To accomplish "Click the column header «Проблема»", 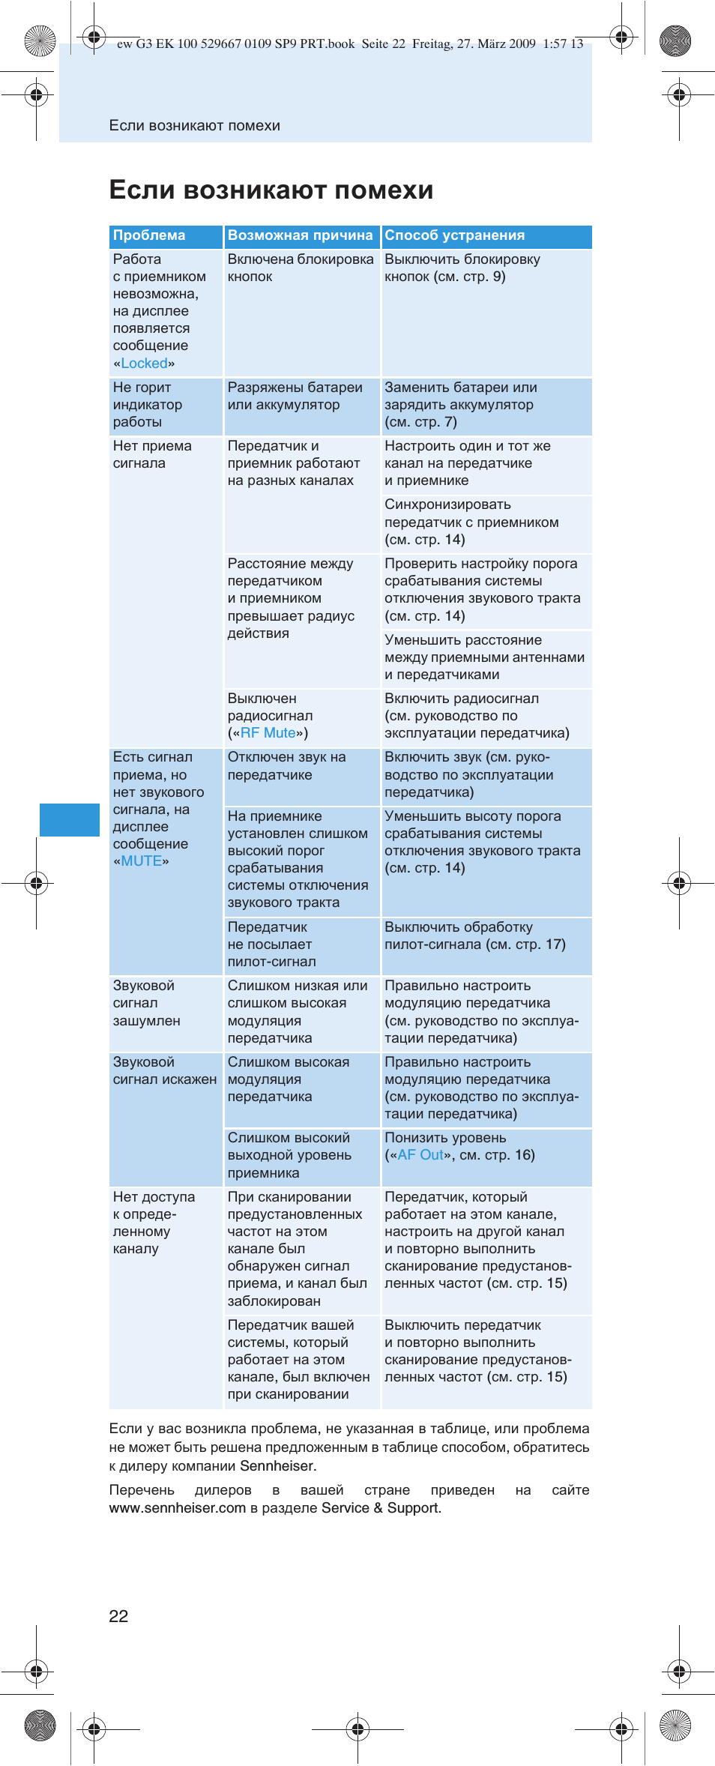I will [x=149, y=235].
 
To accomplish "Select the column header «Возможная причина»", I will [x=300, y=235].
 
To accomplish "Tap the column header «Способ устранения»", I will [x=454, y=235].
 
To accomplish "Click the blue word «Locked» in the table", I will [x=144, y=364].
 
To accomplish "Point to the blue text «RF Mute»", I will [x=268, y=733].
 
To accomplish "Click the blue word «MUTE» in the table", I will [x=141, y=861].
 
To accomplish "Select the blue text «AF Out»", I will [x=420, y=1155].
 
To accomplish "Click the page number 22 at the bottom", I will [x=118, y=1616].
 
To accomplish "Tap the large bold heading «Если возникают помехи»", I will [x=271, y=190].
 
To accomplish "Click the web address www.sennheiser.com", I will [x=177, y=1508].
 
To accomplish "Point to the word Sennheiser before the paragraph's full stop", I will [x=277, y=1465].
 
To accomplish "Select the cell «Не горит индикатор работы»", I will [x=148, y=405].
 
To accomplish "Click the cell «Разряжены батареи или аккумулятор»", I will [x=295, y=397].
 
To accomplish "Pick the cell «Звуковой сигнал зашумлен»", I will [x=146, y=1003].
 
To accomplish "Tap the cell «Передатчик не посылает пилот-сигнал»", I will [x=271, y=944].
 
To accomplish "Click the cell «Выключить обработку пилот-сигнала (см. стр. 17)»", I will [x=474, y=936].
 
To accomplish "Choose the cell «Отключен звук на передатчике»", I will [x=286, y=766].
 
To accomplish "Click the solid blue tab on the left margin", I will [x=69, y=819].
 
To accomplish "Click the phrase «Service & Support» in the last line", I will [x=380, y=1508].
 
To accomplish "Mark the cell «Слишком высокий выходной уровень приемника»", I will [x=289, y=1155].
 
